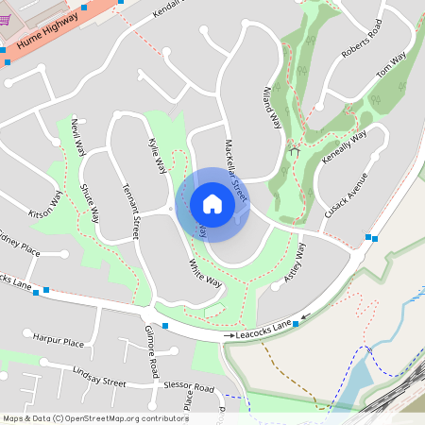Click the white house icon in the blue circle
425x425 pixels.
point(212,204)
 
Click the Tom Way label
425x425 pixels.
point(390,65)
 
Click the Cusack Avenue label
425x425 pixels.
point(345,197)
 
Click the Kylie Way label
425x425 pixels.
point(157,156)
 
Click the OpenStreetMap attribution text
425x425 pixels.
point(95,417)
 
